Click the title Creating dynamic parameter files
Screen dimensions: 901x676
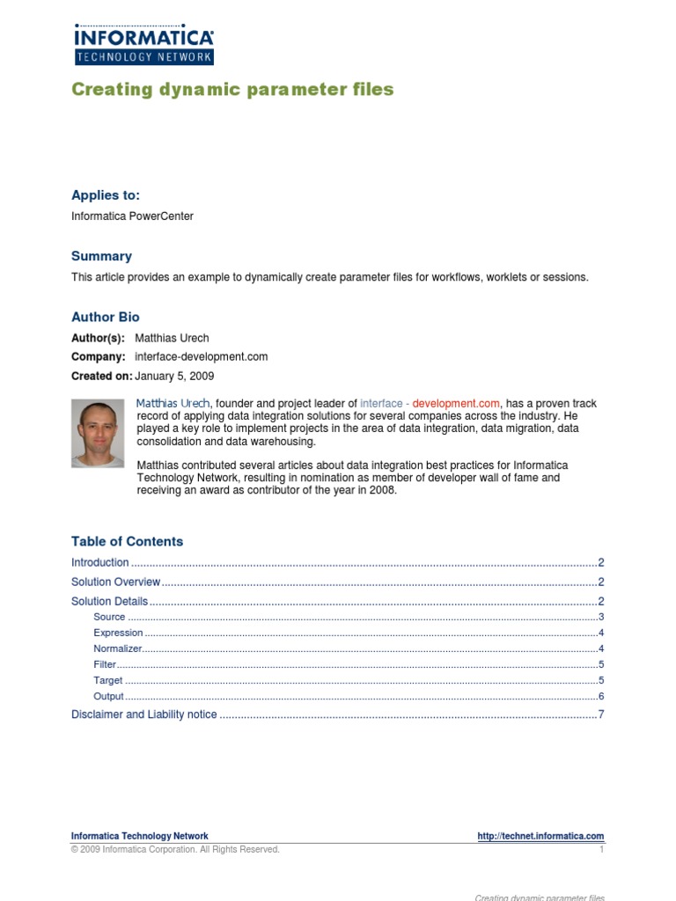pyautogui.click(x=232, y=90)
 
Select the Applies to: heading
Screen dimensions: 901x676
pyautogui.click(x=106, y=195)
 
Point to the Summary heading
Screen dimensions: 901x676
pyautogui.click(x=101, y=256)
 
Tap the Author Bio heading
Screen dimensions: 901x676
pyautogui.click(x=105, y=317)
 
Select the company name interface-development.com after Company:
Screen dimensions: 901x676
pyautogui.click(x=202, y=357)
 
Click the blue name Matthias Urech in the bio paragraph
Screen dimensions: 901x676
pyautogui.click(x=173, y=403)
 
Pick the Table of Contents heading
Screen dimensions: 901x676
pyautogui.click(x=127, y=541)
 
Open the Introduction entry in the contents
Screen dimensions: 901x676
pyautogui.click(x=100, y=562)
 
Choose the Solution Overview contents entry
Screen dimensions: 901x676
pyautogui.click(x=115, y=582)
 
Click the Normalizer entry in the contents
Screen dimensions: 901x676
pyautogui.click(x=118, y=648)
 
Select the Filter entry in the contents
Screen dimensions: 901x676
pyautogui.click(x=105, y=664)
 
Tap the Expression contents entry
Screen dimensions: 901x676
pyautogui.click(x=118, y=633)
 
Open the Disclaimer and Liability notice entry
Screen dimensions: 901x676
pyautogui.click(x=143, y=714)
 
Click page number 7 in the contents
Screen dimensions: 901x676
pyautogui.click(x=601, y=714)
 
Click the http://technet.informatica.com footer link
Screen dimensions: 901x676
pyautogui.click(x=540, y=836)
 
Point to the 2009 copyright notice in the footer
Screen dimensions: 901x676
pyautogui.click(x=175, y=850)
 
